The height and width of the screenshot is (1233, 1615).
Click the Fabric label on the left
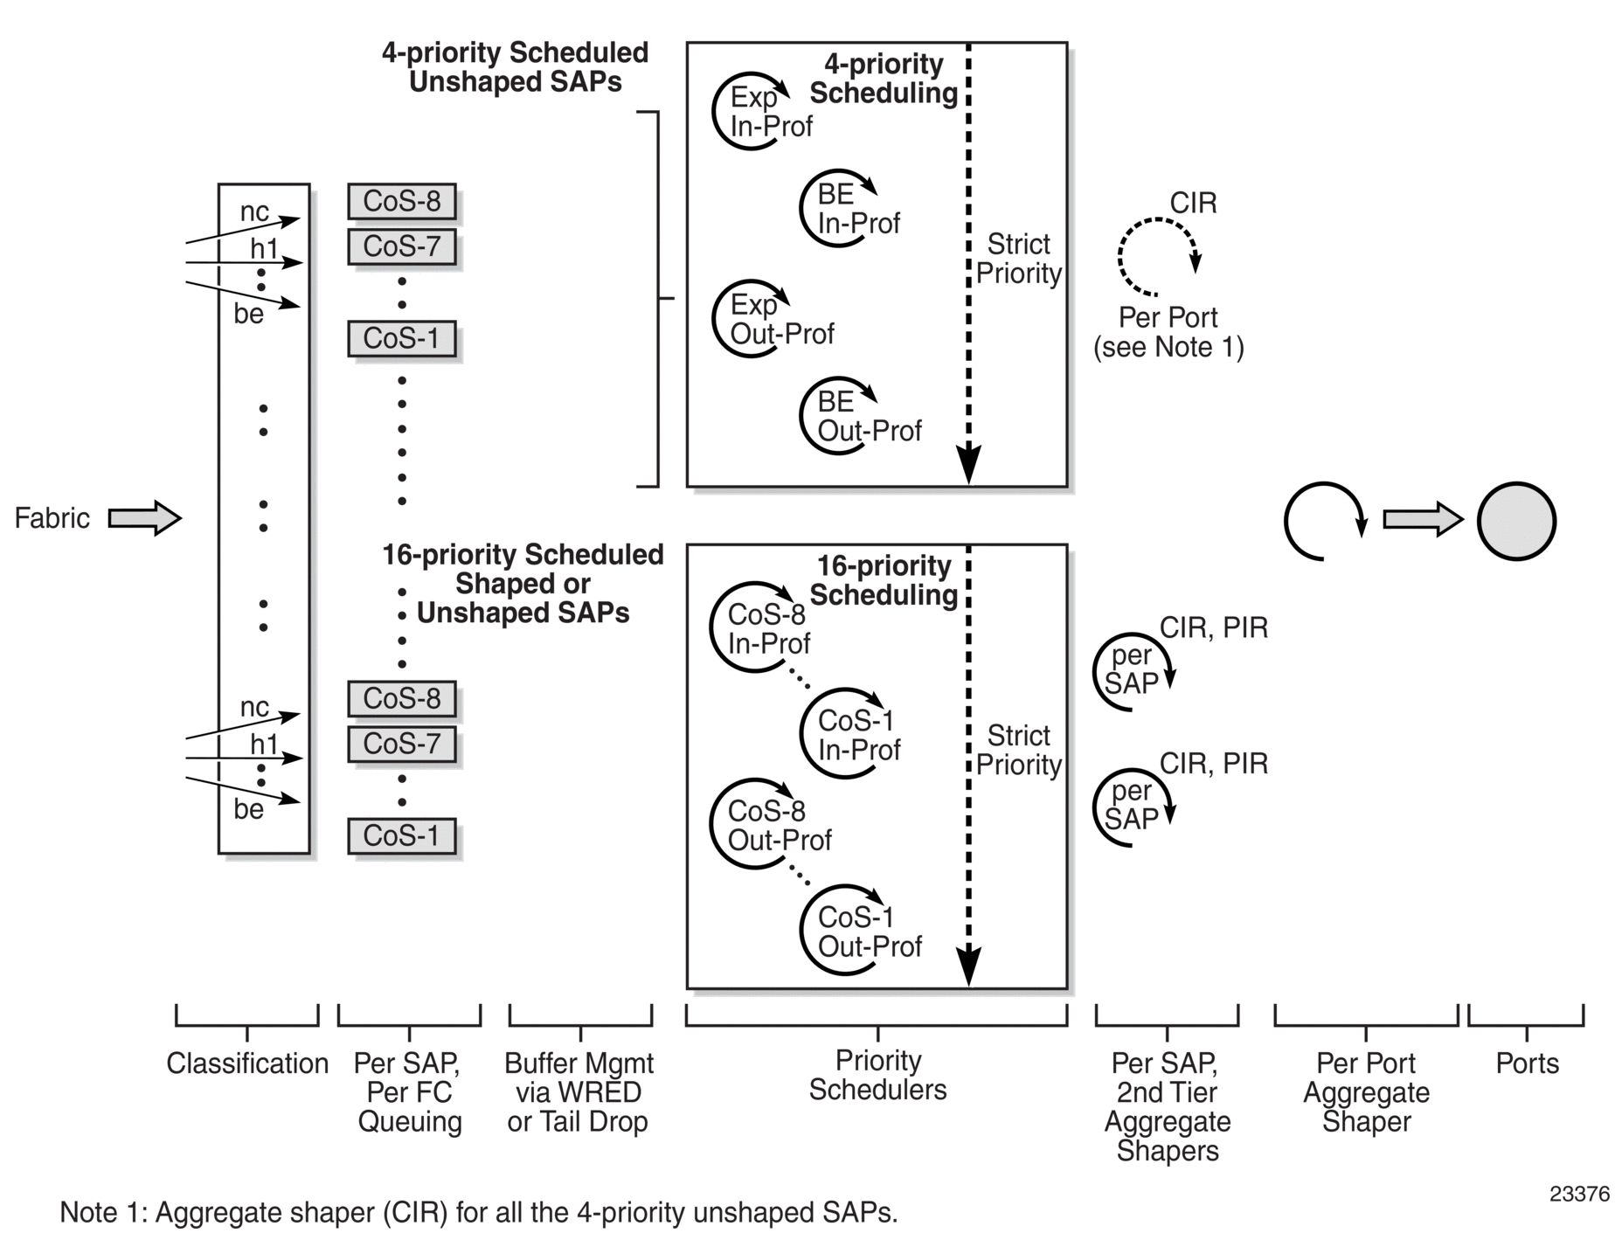pos(52,518)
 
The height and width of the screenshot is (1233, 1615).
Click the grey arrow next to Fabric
pos(144,518)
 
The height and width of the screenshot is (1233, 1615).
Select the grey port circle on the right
pos(1516,521)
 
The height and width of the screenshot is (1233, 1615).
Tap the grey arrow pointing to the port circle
pos(1422,520)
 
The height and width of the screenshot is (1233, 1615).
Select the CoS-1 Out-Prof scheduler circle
pos(839,932)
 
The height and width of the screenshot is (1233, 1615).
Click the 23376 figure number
pos(1579,1194)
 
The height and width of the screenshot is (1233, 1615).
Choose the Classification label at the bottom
pos(247,1063)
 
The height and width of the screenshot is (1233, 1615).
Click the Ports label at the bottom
pos(1527,1063)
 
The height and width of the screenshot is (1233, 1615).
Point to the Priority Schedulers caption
pos(877,1075)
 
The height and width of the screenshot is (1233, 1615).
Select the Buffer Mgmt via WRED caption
pos(579,1092)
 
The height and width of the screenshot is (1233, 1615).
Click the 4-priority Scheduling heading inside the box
pos(884,79)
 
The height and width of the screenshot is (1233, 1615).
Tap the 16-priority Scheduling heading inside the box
pos(884,580)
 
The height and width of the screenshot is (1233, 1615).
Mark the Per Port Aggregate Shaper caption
pos(1366,1092)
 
